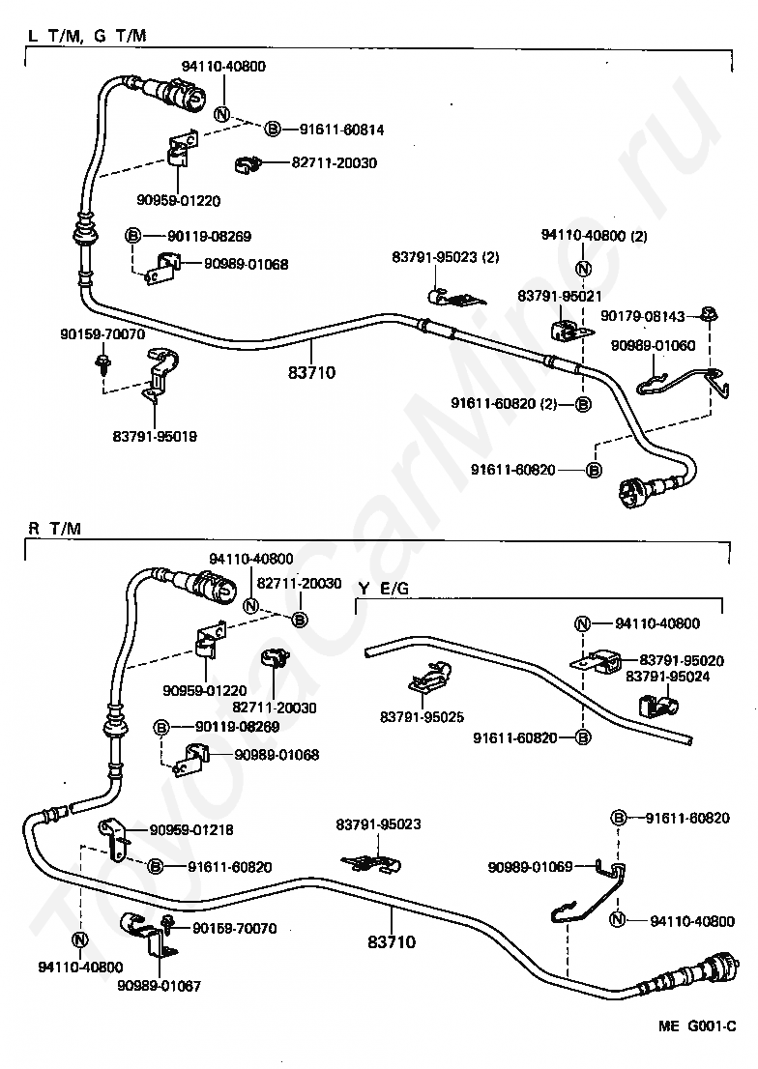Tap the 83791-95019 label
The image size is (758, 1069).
(155, 436)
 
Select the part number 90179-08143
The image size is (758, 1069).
(643, 316)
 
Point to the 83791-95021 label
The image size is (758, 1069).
(560, 296)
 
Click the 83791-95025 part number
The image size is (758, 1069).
(423, 716)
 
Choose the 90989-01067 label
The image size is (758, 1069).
(159, 986)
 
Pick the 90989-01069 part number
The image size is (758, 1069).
(530, 867)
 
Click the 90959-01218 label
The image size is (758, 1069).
(191, 829)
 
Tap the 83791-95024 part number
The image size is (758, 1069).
(667, 677)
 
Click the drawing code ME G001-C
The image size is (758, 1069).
(697, 1026)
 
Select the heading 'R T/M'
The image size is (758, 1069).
(54, 529)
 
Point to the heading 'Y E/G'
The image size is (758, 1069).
(384, 588)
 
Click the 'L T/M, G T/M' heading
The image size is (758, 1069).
(87, 35)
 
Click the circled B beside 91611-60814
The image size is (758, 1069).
(273, 129)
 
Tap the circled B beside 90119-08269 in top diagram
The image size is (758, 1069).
(133, 237)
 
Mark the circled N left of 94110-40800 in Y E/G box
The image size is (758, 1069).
(582, 623)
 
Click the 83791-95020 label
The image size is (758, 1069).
(682, 660)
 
